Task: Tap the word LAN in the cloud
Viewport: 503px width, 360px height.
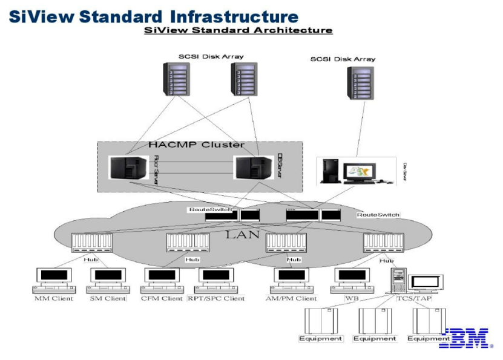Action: tap(242, 234)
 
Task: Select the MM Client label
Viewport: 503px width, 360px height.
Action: tap(54, 298)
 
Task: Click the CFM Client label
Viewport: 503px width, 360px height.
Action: tap(163, 298)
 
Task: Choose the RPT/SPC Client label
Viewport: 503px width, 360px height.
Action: tap(216, 298)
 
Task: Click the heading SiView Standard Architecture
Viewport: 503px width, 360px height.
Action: tap(238, 30)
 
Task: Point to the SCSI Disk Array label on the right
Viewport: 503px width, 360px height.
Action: tap(343, 59)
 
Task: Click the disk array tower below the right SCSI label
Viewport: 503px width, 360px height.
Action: tap(361, 83)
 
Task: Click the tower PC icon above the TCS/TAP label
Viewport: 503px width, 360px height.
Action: tap(398, 281)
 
